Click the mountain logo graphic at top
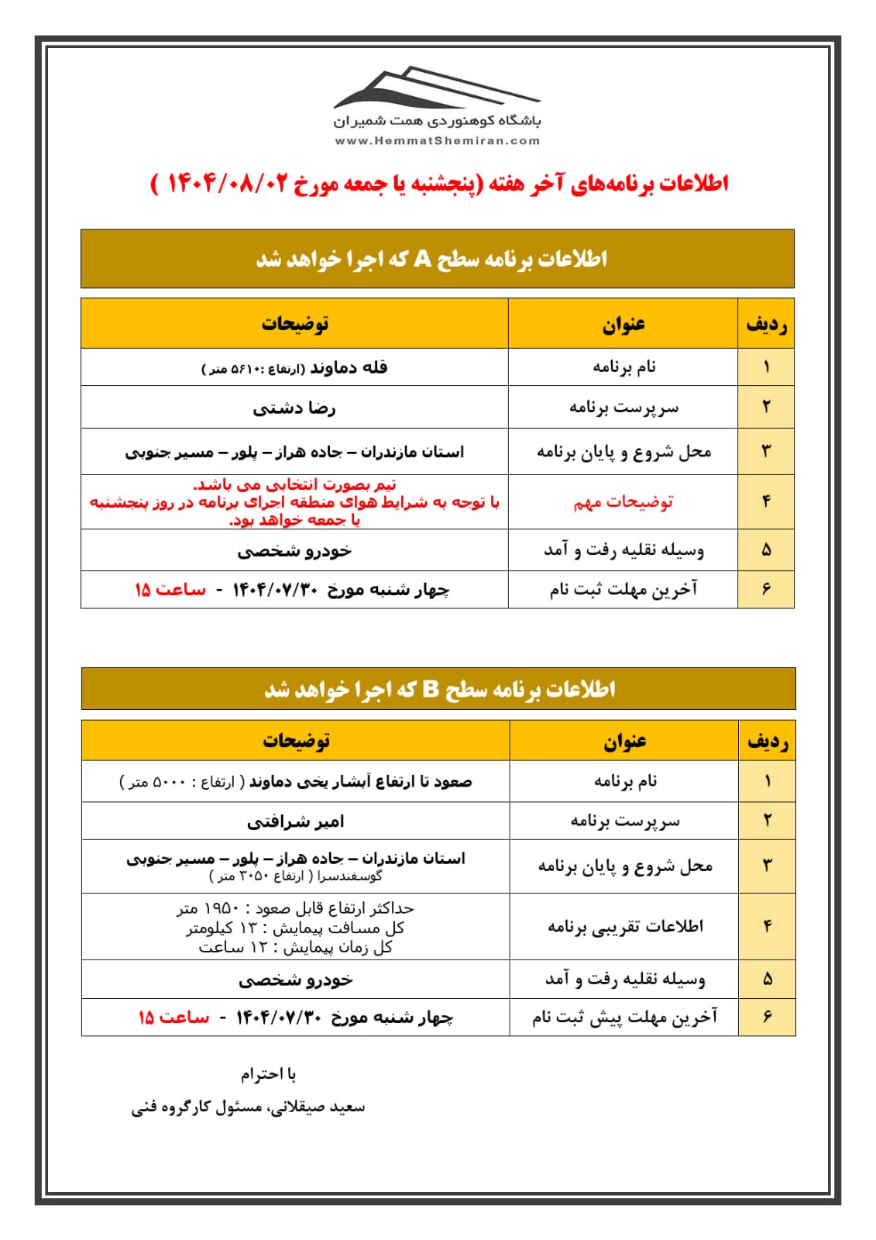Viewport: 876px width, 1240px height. tap(436, 88)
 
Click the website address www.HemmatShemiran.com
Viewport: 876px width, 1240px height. tap(437, 141)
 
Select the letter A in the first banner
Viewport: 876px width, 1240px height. tap(422, 259)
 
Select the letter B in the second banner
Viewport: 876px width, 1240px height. tap(431, 689)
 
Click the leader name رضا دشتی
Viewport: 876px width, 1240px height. tap(294, 408)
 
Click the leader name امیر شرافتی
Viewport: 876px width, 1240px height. tap(295, 821)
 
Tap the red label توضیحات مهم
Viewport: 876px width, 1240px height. tap(624, 502)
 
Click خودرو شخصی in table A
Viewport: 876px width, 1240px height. tap(294, 551)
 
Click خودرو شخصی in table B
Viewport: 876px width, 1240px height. tap(295, 980)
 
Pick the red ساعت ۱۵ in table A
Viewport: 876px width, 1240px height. tap(170, 590)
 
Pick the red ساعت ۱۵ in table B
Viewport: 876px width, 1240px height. tap(173, 1018)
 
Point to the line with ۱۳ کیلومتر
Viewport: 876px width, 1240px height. tap(295, 928)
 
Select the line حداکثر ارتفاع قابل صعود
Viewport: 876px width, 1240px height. tap(295, 908)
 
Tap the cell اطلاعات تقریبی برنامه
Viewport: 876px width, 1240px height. tap(625, 926)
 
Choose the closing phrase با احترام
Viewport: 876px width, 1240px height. tap(268, 1074)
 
